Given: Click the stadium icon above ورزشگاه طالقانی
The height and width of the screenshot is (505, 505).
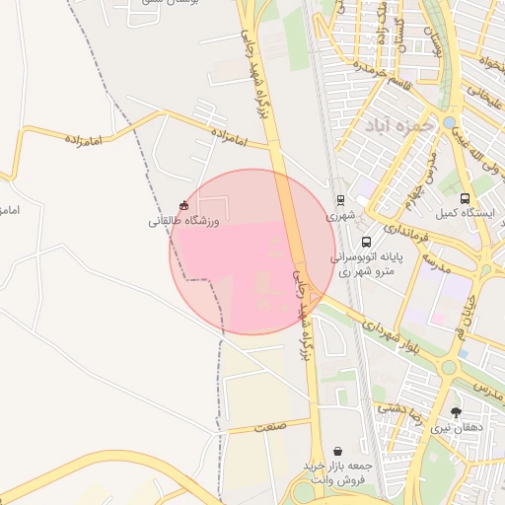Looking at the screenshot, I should click(182, 205).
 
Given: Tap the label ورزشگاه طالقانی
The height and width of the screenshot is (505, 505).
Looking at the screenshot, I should click(182, 221).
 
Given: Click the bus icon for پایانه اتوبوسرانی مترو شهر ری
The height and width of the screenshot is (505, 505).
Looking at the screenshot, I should click(366, 242).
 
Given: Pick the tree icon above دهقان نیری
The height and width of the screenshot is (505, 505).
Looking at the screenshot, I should click(455, 412).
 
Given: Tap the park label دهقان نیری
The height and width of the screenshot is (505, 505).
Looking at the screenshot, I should click(455, 427).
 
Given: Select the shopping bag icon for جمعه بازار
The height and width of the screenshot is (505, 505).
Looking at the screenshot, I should click(338, 450).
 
